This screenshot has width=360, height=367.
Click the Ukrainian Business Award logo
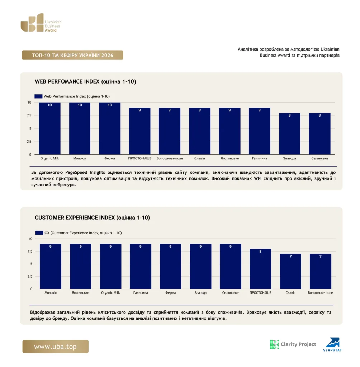coord(41,23)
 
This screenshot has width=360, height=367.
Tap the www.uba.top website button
coord(56,347)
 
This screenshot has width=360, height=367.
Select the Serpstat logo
coord(333,344)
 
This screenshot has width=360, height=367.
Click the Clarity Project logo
coord(293,344)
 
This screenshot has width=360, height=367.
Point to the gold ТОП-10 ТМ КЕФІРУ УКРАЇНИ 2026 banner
coord(72,55)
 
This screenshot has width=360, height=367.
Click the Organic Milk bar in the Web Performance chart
coord(49,129)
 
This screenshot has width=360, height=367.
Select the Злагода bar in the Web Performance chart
coord(290,134)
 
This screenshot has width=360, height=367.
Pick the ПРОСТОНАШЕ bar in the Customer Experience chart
coord(260,269)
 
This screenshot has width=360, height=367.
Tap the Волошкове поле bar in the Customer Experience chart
coord(321,271)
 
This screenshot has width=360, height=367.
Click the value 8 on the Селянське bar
coord(320,115)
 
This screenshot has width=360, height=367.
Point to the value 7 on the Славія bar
coord(290,257)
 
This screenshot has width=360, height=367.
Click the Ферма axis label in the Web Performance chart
coord(110,158)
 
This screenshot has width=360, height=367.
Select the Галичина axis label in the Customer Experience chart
coord(141,292)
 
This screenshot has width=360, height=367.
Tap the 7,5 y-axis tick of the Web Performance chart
coord(29,115)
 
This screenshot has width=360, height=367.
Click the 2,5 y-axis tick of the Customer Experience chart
coord(30,276)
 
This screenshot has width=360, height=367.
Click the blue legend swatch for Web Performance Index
coord(38,96)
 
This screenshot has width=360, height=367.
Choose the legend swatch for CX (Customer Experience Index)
coord(39,233)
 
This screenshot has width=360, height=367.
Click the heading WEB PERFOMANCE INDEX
coord(67,81)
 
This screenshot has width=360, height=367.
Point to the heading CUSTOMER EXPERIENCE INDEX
coord(75,218)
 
